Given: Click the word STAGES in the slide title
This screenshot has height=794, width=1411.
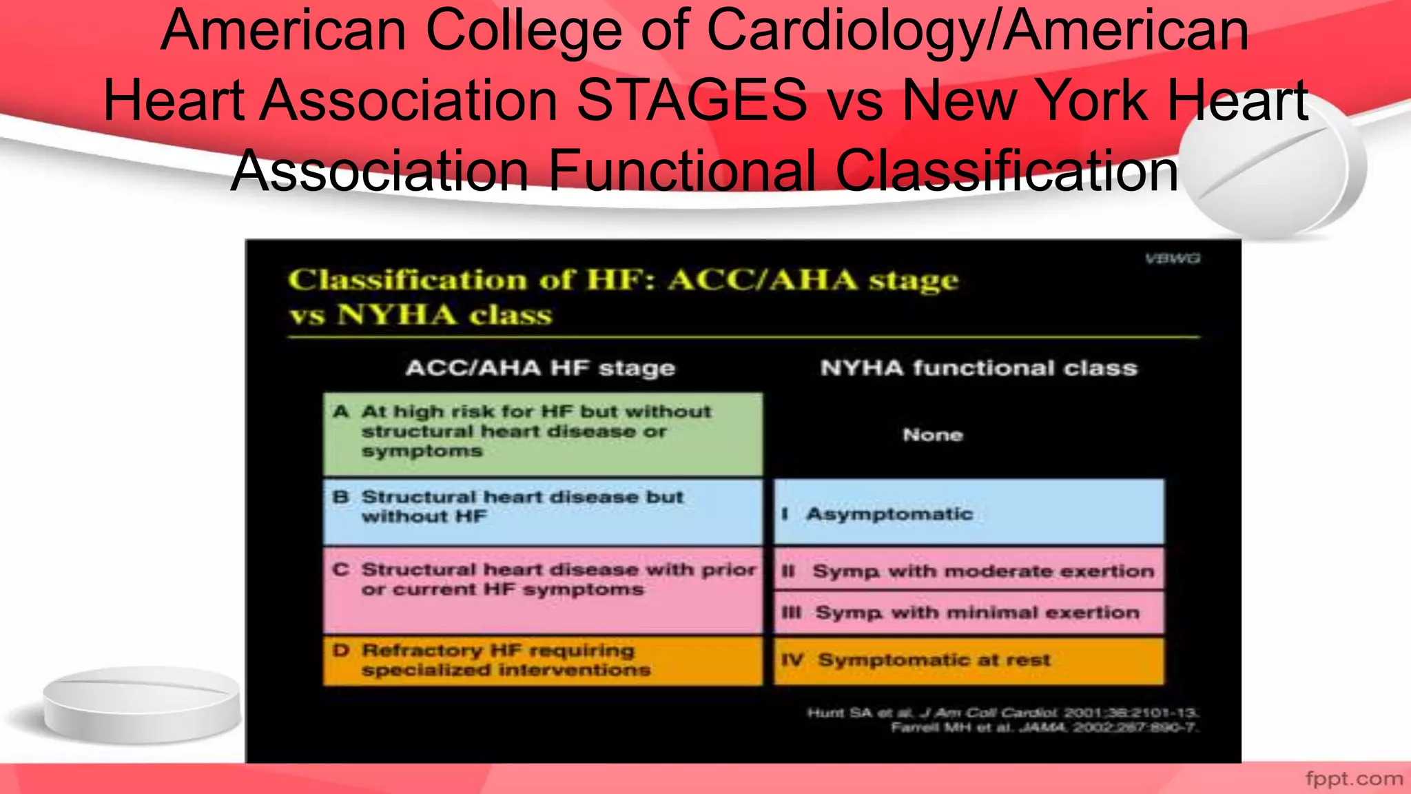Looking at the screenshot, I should point(691,101).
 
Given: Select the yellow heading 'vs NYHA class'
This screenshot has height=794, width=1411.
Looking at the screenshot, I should point(420,315).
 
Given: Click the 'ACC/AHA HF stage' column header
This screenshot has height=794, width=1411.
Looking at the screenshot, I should point(540,368).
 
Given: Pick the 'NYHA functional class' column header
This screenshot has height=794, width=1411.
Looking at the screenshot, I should point(978,368).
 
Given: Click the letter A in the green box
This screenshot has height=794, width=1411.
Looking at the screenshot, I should point(341,412).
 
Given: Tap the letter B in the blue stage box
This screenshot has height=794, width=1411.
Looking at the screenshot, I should point(341,497).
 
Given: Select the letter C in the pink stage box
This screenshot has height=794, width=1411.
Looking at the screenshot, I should point(341,570).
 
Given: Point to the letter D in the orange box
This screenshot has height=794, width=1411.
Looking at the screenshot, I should point(341,651).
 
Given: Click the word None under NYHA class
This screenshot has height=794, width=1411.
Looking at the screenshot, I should point(933,435).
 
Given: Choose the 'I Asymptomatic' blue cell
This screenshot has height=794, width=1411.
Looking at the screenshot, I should point(968,513).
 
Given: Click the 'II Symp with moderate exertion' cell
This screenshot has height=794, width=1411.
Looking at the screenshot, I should point(968,571).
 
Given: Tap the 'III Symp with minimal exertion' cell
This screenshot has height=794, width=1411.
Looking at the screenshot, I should point(968,612).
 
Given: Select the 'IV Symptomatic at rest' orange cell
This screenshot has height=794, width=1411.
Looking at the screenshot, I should point(968,660).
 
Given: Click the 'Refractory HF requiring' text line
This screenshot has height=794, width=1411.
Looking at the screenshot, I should point(498,651).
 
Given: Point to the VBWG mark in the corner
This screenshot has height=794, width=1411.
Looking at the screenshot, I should point(1173,258).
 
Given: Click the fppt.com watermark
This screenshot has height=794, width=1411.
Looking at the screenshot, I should point(1354,779).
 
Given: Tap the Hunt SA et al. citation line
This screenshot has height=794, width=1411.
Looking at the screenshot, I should point(1002,713).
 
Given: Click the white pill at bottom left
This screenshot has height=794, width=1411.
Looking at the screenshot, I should point(141,703).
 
